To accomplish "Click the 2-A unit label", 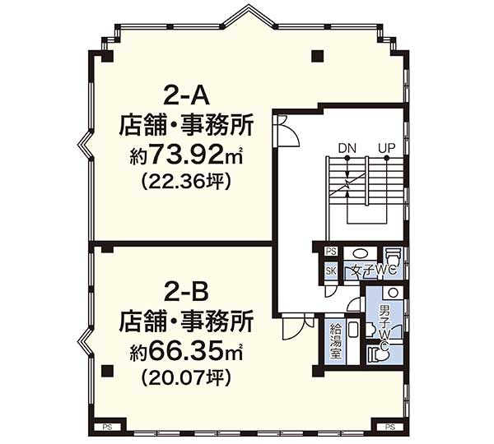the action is coord(186,96).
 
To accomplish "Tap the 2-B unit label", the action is coord(186,293).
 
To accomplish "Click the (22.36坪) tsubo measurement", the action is coord(187,182).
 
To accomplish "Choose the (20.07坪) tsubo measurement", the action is coord(187,377).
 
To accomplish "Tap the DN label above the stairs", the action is coord(347,148).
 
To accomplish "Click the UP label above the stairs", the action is coord(387,148).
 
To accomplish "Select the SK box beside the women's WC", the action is coord(331,271).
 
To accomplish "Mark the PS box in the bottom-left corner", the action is coord(108,427).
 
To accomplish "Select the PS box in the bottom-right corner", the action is coord(389,427).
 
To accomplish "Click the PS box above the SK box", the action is coord(331,251).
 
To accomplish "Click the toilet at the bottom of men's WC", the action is coord(379,354).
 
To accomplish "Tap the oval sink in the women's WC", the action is coord(360,254).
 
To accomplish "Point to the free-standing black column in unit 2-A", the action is coord(318,57).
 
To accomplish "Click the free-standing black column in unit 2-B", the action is coord(107,371).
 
